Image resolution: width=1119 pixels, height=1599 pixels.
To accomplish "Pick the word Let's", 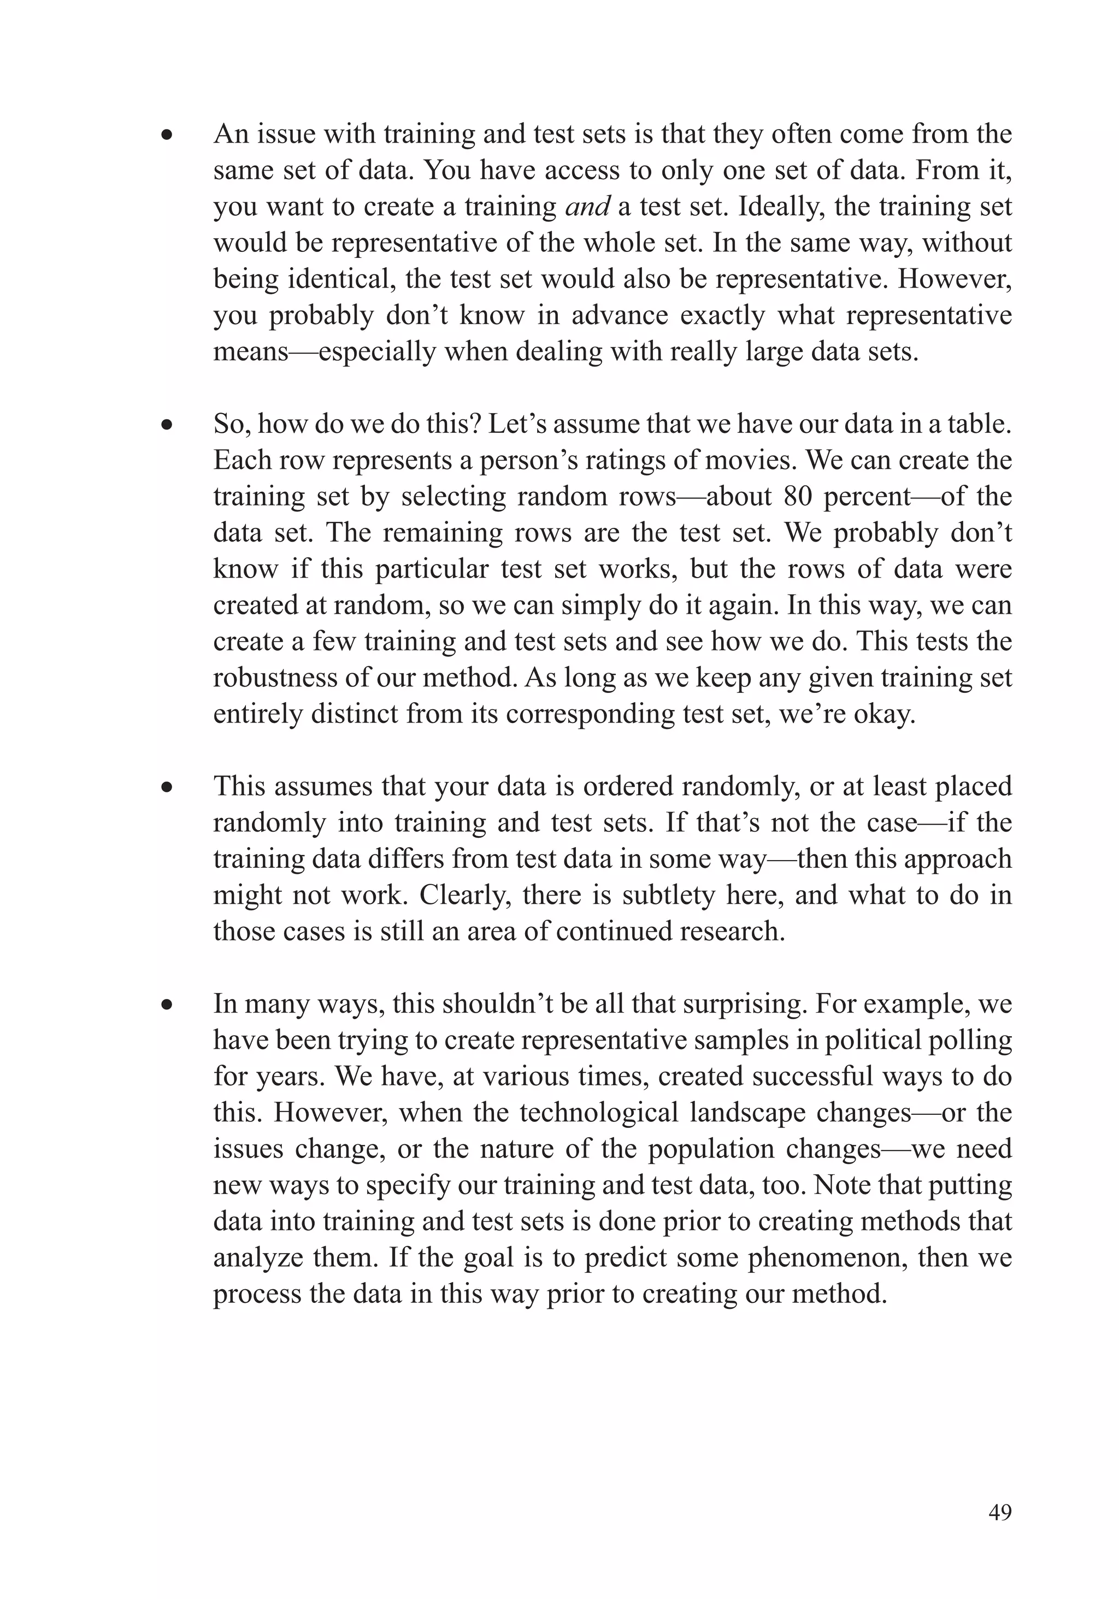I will [514, 425].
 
